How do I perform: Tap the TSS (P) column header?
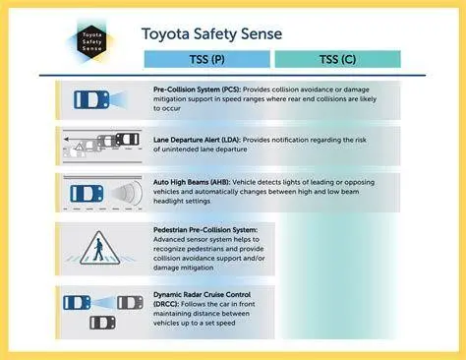tap(206, 59)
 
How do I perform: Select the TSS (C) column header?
tap(336, 59)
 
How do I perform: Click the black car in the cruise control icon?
tap(102, 322)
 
